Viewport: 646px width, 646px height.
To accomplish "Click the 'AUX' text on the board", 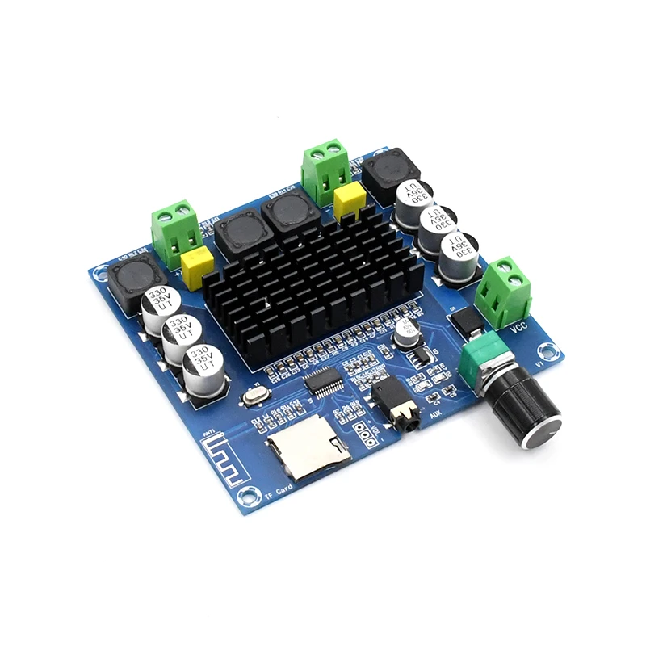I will [x=436, y=414].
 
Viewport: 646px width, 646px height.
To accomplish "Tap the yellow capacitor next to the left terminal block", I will [x=199, y=263].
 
